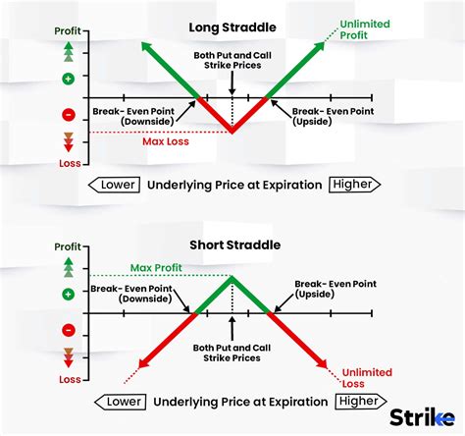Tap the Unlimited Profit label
point(366,28)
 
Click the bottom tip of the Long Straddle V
point(232,133)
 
